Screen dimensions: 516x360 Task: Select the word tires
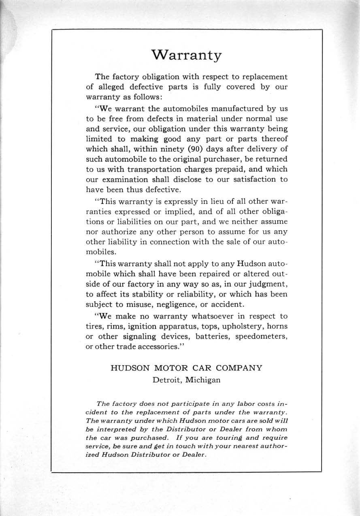pos(95,327)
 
